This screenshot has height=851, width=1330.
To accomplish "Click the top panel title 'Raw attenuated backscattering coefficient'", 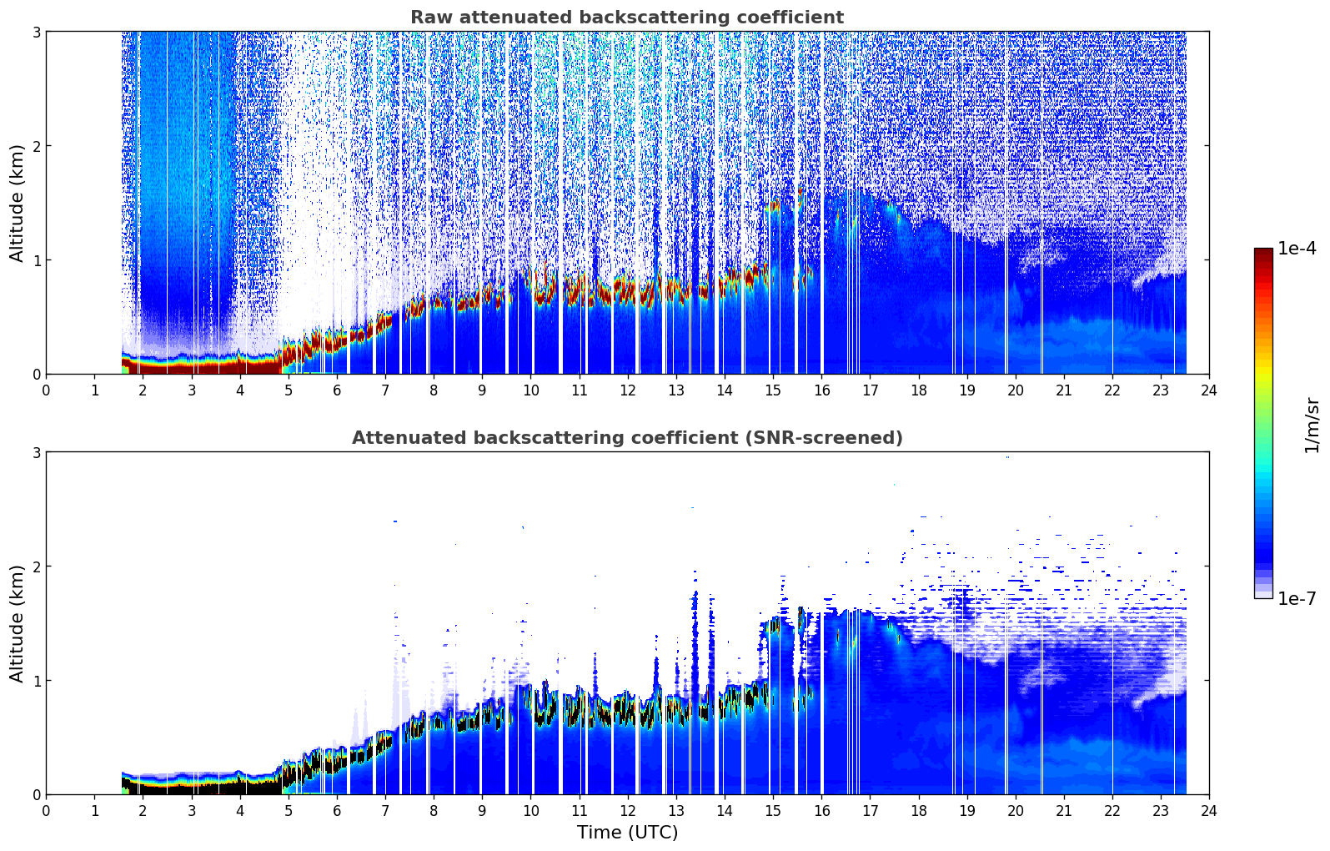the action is [x=627, y=18].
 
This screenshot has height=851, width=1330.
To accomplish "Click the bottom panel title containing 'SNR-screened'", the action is [x=627, y=438].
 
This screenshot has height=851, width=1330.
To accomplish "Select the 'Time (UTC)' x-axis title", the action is [x=627, y=832].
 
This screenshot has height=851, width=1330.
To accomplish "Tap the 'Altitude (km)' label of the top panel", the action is [x=17, y=204].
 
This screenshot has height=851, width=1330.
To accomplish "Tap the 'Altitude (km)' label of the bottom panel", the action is [x=17, y=623].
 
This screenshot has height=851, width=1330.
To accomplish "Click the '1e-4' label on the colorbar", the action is [x=1296, y=249].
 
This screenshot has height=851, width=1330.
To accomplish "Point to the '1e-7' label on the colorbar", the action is [x=1296, y=598].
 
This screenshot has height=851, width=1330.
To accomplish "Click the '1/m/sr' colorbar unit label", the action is [x=1312, y=425].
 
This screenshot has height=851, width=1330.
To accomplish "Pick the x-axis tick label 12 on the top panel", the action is [x=628, y=390].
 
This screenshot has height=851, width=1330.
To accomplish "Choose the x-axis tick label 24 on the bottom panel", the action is [x=1209, y=811].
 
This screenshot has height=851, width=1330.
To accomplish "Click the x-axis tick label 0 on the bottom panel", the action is [x=47, y=811].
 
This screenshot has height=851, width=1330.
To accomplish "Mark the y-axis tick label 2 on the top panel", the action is [x=36, y=146].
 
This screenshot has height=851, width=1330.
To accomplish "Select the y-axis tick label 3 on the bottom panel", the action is [x=36, y=452].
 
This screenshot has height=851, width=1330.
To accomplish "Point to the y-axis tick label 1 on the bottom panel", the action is [x=36, y=681].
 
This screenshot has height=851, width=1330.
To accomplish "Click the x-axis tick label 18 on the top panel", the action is [x=919, y=390].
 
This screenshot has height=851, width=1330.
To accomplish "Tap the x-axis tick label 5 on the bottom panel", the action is [x=289, y=811].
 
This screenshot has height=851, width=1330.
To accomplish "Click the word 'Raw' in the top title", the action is [x=430, y=18].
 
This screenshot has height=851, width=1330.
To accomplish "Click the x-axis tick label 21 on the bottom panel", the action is [x=1063, y=811].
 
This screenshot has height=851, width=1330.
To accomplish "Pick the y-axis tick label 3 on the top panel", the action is [x=36, y=32].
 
